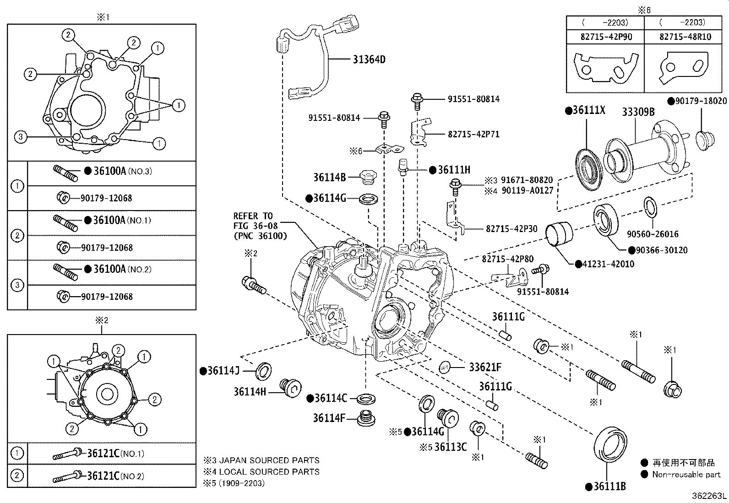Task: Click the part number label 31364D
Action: tap(369, 59)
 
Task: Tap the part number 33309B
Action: tap(638, 112)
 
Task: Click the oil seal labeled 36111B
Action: tap(610, 444)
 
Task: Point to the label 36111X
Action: tap(588, 111)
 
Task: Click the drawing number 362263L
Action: tap(709, 496)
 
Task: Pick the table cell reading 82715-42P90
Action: tap(606, 37)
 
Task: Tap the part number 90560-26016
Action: tap(653, 234)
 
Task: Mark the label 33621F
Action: tap(485, 367)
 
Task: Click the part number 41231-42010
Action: tap(609, 264)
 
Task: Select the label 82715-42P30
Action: tap(511, 229)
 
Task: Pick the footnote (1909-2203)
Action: tap(242, 483)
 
